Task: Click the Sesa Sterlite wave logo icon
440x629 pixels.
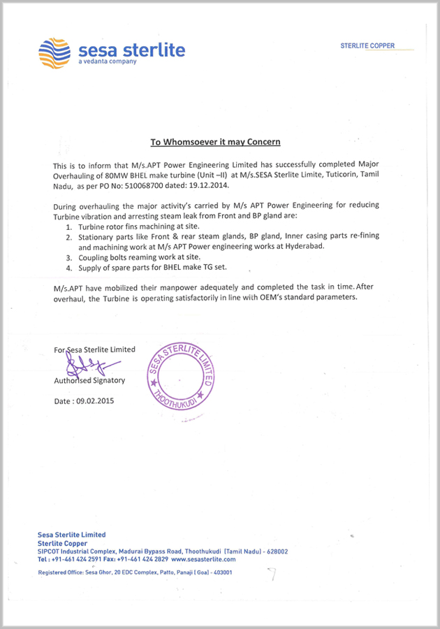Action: (x=54, y=52)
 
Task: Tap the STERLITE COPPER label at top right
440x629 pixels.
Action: (x=367, y=46)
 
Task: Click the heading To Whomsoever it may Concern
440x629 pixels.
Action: (x=215, y=142)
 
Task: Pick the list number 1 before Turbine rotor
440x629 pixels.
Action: (x=68, y=228)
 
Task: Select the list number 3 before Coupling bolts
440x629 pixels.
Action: (x=68, y=258)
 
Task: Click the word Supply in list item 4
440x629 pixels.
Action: (x=90, y=268)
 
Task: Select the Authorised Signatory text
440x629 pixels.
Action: (x=89, y=381)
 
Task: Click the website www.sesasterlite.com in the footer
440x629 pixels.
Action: (x=203, y=559)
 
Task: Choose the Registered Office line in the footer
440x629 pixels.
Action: (x=135, y=572)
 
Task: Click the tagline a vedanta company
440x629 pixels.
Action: (x=108, y=62)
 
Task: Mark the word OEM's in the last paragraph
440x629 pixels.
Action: (x=280, y=297)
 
